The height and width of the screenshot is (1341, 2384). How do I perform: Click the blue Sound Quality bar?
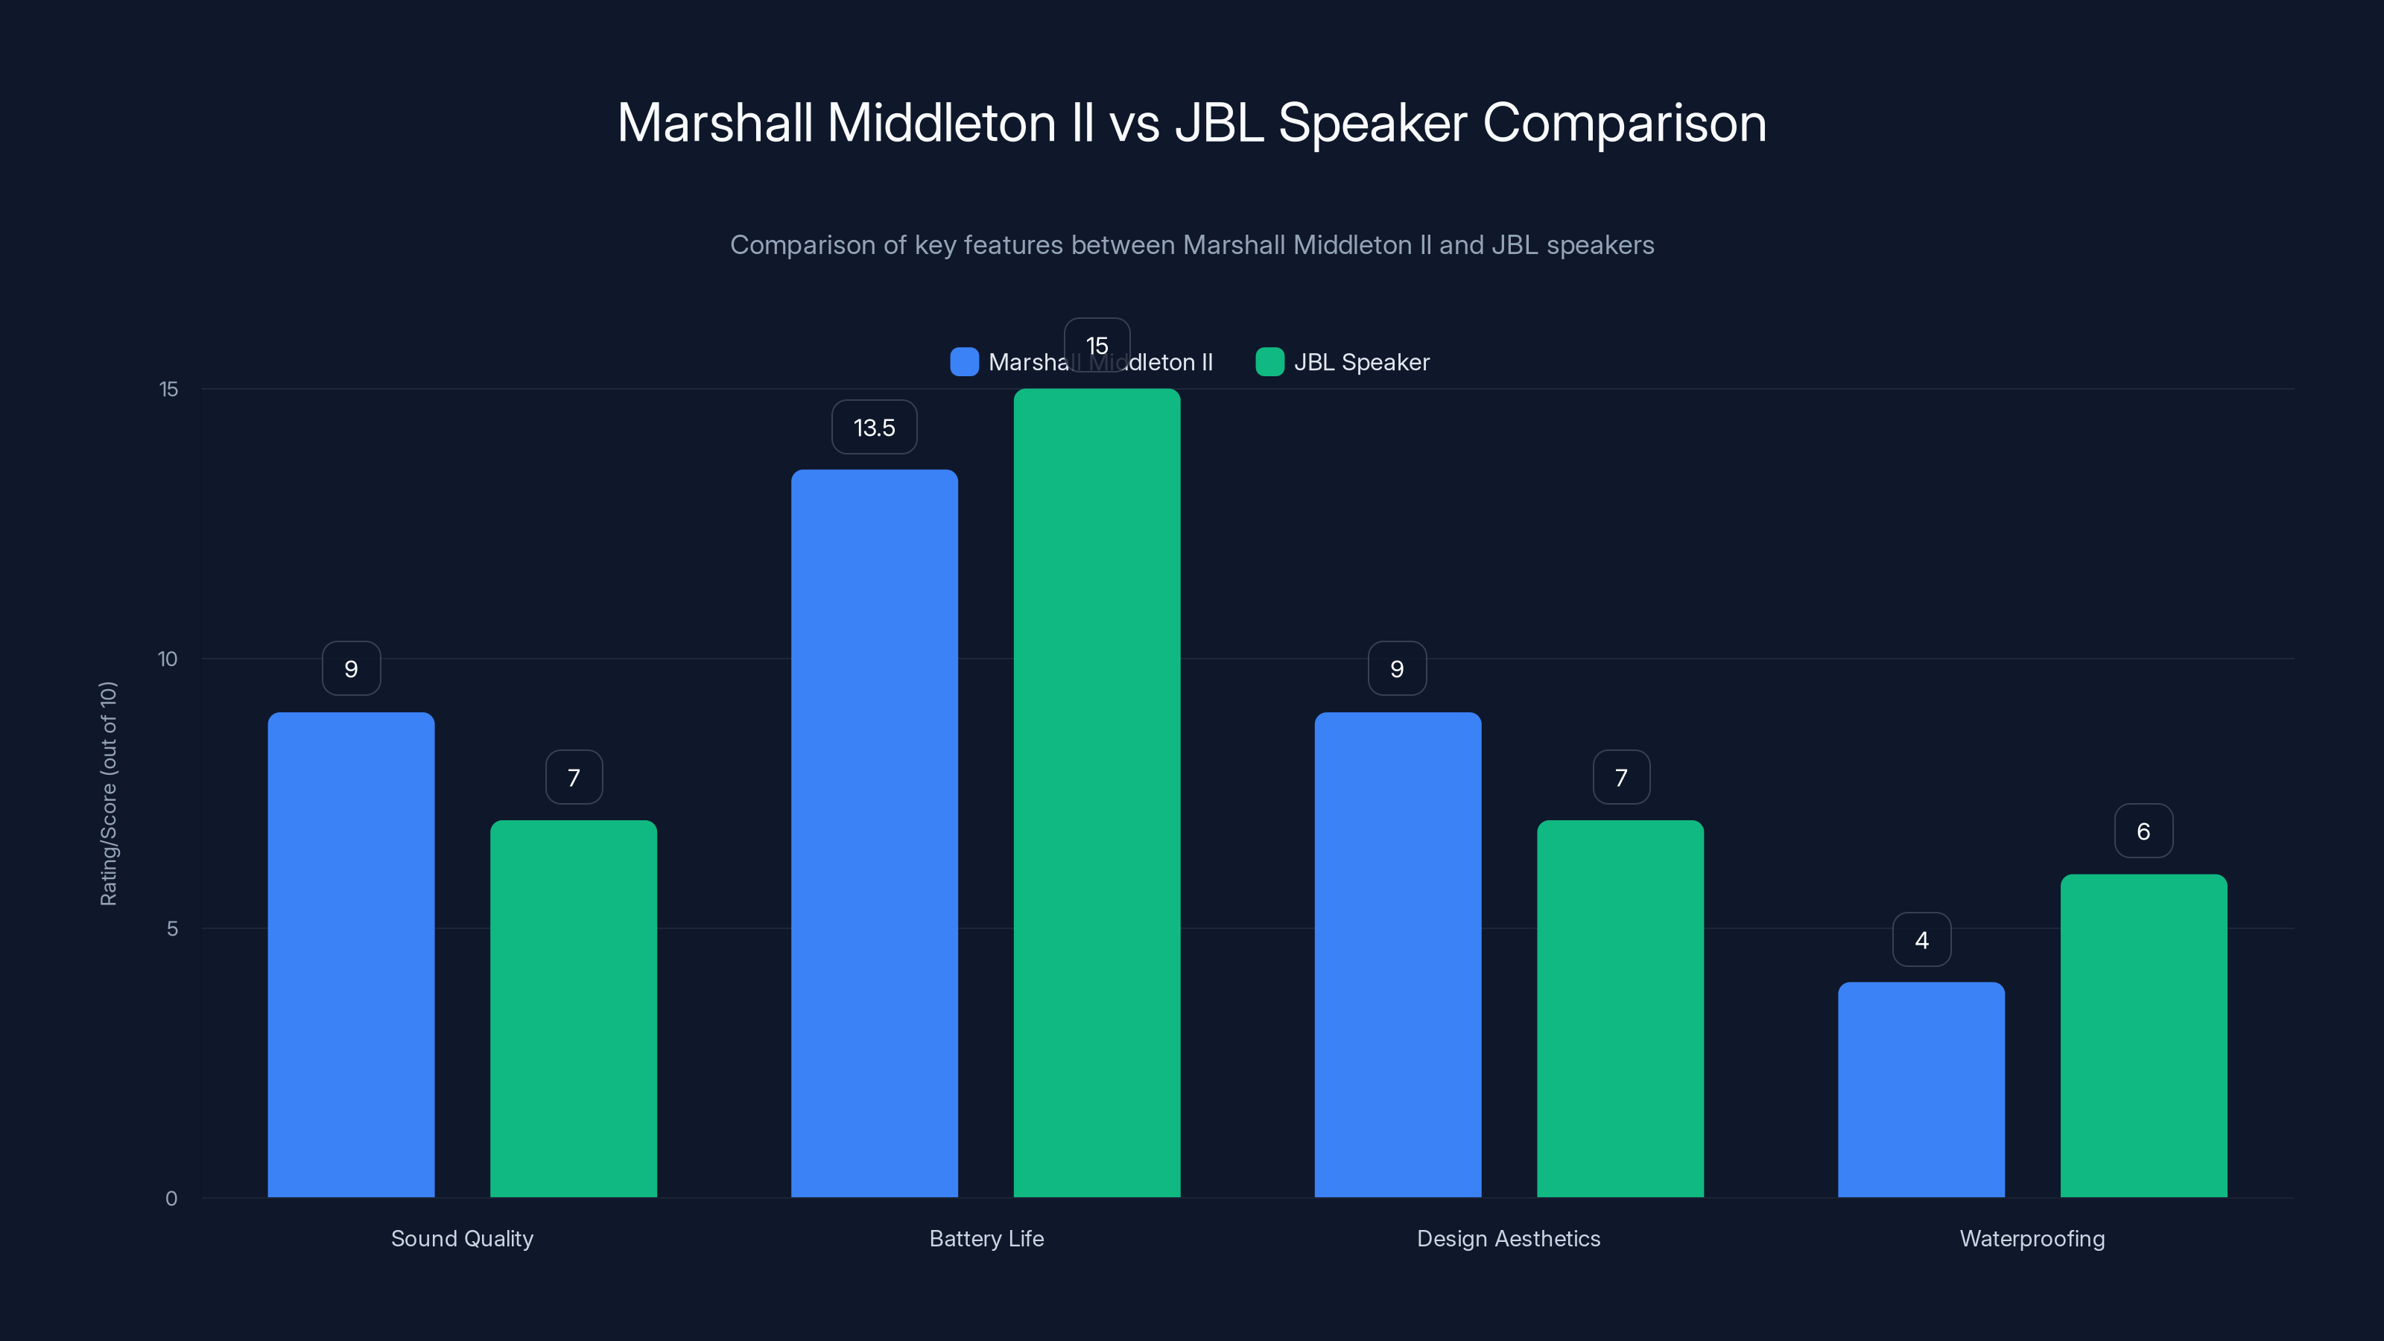tap(351, 954)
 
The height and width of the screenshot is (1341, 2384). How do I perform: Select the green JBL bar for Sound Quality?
tap(573, 1008)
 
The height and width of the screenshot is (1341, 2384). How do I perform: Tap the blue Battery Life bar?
tap(874, 833)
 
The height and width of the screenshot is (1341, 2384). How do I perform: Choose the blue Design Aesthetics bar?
tap(1398, 954)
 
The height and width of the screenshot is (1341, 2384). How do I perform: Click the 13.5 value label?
tap(874, 428)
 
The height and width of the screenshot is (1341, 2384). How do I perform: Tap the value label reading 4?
tap(1921, 940)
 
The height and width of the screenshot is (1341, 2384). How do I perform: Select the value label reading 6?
tap(2143, 831)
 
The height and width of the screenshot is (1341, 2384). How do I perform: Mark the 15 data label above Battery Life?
tap(1097, 345)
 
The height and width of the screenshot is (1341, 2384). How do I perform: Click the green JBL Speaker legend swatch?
tap(1269, 362)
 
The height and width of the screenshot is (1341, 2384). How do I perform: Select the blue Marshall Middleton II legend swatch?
tap(964, 362)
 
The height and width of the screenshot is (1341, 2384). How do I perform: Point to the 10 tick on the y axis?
tap(168, 659)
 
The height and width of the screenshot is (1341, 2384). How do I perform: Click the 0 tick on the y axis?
tap(171, 1199)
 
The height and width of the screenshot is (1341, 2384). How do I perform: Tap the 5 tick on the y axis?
tap(172, 928)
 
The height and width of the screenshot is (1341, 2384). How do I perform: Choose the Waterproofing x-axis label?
tap(2032, 1238)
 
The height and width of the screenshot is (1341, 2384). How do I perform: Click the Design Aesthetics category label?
tap(1509, 1238)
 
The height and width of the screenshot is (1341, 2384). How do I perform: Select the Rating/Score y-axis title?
tap(108, 793)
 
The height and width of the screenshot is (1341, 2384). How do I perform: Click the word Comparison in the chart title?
tap(1624, 123)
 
